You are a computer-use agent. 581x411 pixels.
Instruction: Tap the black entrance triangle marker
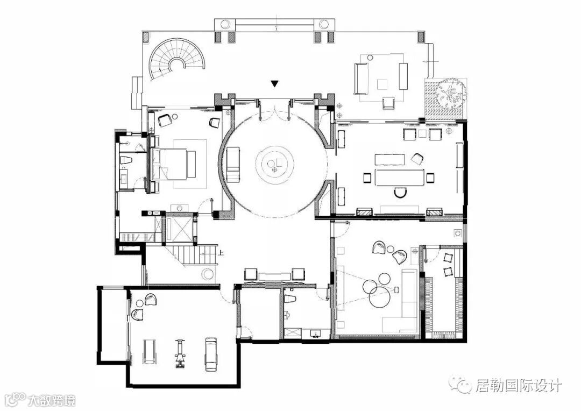[x=274, y=84]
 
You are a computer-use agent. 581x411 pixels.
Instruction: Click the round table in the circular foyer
[x=274, y=162]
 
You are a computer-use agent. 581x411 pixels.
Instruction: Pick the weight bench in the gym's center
[x=180, y=353]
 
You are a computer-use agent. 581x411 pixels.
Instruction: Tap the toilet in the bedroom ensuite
[x=126, y=160]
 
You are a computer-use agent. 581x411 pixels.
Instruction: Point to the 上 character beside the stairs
[x=222, y=254]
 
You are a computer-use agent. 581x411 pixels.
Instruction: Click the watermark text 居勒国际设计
[x=519, y=386]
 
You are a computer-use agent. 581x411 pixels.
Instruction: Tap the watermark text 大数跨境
[x=52, y=400]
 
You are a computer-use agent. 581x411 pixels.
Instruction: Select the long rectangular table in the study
[x=400, y=177]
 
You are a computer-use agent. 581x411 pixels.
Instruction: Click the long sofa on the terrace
[x=362, y=79]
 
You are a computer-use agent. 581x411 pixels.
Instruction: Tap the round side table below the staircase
[x=208, y=274]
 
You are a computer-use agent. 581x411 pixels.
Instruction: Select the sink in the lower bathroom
[x=316, y=333]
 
